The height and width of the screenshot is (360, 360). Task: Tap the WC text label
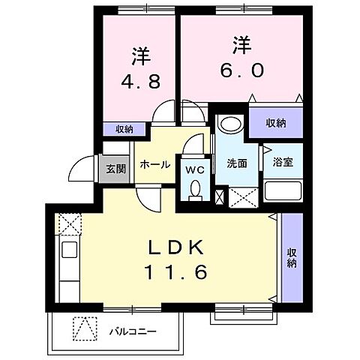pyautogui.click(x=193, y=169)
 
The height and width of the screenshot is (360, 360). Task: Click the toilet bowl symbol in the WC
pyautogui.click(x=197, y=189)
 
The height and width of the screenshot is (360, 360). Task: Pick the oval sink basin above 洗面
pyautogui.click(x=229, y=124)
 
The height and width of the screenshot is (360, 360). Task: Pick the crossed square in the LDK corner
pyautogui.click(x=70, y=224)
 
